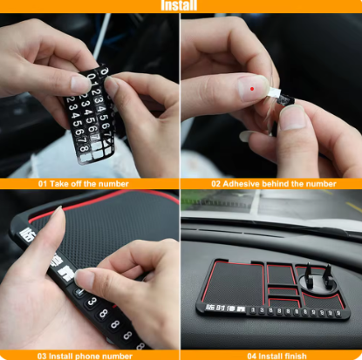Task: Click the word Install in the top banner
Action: [181, 6]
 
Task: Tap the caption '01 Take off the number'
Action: [83, 184]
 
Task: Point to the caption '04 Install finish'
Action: [276, 355]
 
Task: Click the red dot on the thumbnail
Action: [253, 88]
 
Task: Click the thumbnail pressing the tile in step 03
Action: [85, 279]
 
